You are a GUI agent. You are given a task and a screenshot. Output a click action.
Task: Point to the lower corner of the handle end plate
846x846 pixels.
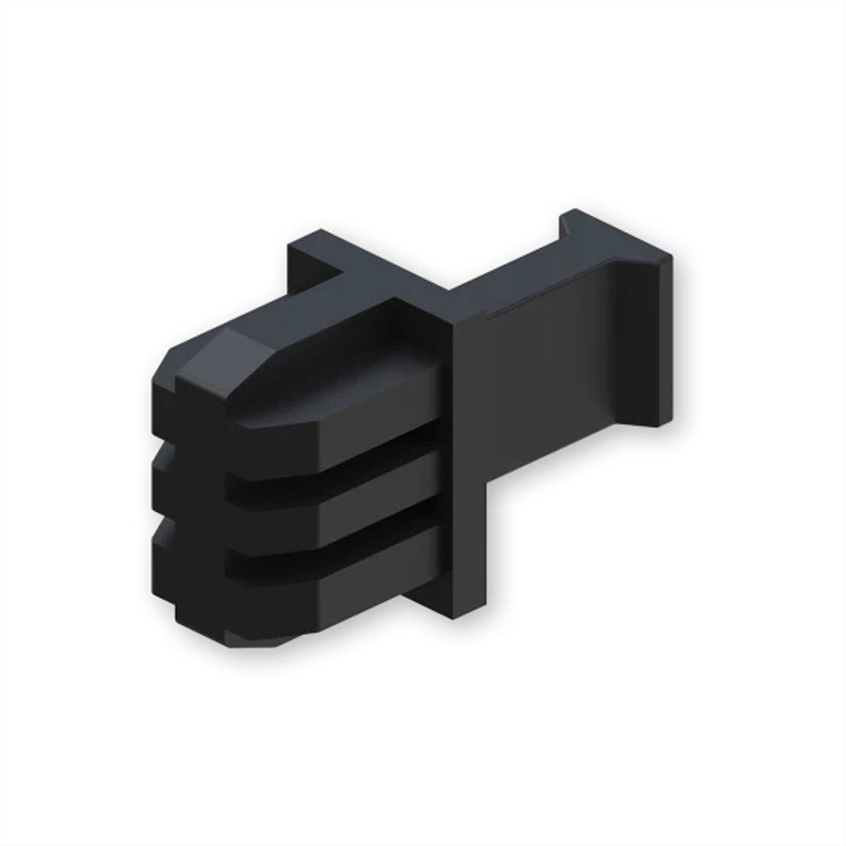(660, 423)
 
